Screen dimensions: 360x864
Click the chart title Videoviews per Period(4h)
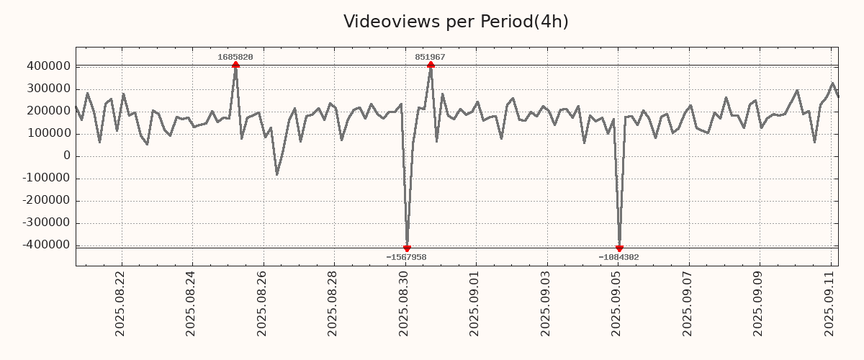click(456, 22)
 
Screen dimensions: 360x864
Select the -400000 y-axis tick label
click(46, 246)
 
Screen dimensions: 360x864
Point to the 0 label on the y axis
click(67, 156)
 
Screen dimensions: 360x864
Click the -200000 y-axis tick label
click(46, 201)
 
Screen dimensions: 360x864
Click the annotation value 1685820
click(235, 57)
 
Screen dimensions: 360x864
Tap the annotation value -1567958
click(406, 257)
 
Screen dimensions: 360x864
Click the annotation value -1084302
click(618, 257)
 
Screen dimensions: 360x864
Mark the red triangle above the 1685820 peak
click(235, 66)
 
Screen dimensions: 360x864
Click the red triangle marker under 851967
click(431, 66)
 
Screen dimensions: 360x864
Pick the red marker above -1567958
click(407, 248)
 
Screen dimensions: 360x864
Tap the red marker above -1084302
click(619, 248)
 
